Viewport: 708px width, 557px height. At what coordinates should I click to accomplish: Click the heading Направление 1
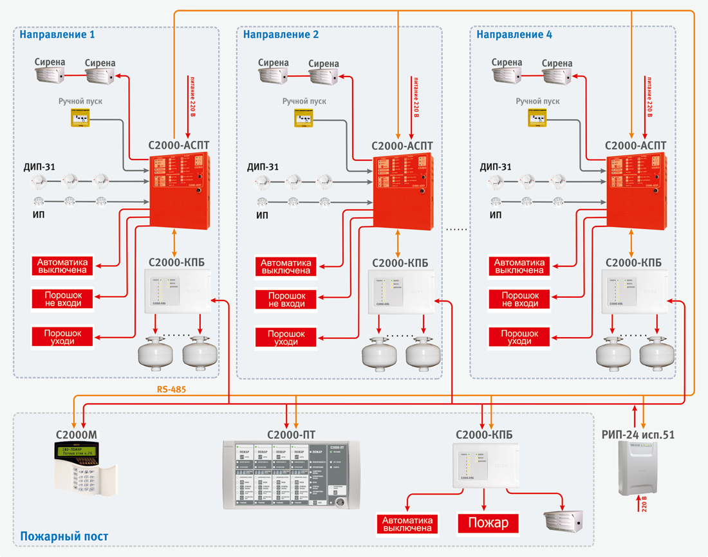[x=57, y=35]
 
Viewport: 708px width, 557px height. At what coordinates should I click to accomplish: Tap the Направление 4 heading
[x=514, y=35]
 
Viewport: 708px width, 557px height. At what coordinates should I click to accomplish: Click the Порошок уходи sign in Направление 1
[x=63, y=337]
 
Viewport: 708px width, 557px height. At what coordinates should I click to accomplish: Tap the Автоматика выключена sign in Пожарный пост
[x=408, y=524]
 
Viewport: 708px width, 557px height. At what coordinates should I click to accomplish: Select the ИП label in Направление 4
[x=495, y=215]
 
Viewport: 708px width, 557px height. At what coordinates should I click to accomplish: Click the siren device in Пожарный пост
[x=563, y=523]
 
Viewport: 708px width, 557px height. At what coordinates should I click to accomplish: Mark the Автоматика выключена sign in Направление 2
[x=286, y=266]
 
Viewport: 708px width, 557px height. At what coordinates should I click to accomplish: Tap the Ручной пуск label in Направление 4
[x=537, y=102]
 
